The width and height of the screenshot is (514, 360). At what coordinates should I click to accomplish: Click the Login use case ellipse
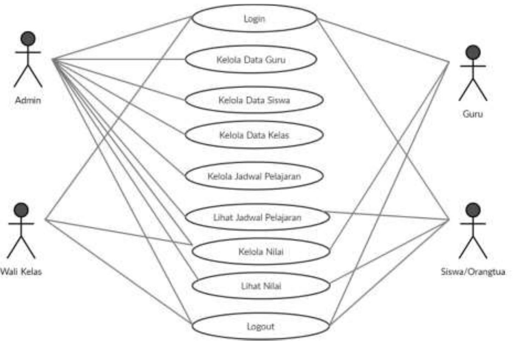click(x=254, y=18)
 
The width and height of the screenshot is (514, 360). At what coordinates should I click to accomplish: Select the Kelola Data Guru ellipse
click(x=251, y=60)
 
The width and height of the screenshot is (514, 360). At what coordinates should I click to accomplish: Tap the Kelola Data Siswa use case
click(x=254, y=100)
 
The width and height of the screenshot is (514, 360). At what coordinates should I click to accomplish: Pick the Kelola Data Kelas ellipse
click(x=254, y=135)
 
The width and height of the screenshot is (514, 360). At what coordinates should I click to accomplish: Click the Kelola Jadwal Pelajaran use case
click(x=254, y=176)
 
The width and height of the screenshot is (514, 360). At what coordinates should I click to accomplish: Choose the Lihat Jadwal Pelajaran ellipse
click(x=257, y=217)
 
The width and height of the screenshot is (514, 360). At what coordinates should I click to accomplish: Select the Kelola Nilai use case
click(x=261, y=252)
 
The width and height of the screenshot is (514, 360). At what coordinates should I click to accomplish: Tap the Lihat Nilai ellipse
click(x=261, y=286)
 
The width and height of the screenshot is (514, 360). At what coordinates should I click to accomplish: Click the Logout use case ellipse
click(x=260, y=327)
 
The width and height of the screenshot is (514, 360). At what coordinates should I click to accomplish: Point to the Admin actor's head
click(x=28, y=39)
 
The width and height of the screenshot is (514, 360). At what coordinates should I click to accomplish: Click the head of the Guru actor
click(x=473, y=52)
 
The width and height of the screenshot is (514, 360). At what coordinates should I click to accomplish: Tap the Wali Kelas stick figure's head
click(x=21, y=210)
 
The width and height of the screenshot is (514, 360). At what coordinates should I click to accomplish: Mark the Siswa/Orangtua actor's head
click(x=473, y=210)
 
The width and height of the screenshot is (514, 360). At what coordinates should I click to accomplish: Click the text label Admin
click(x=28, y=100)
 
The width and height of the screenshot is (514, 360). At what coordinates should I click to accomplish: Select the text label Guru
click(x=472, y=114)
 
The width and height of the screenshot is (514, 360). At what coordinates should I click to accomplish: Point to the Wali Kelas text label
click(x=21, y=272)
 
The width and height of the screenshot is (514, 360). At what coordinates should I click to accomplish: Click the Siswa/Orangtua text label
click(x=473, y=272)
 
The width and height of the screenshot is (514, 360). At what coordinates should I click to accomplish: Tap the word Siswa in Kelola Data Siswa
click(x=279, y=100)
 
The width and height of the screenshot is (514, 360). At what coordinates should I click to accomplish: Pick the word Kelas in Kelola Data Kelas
click(x=277, y=135)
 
